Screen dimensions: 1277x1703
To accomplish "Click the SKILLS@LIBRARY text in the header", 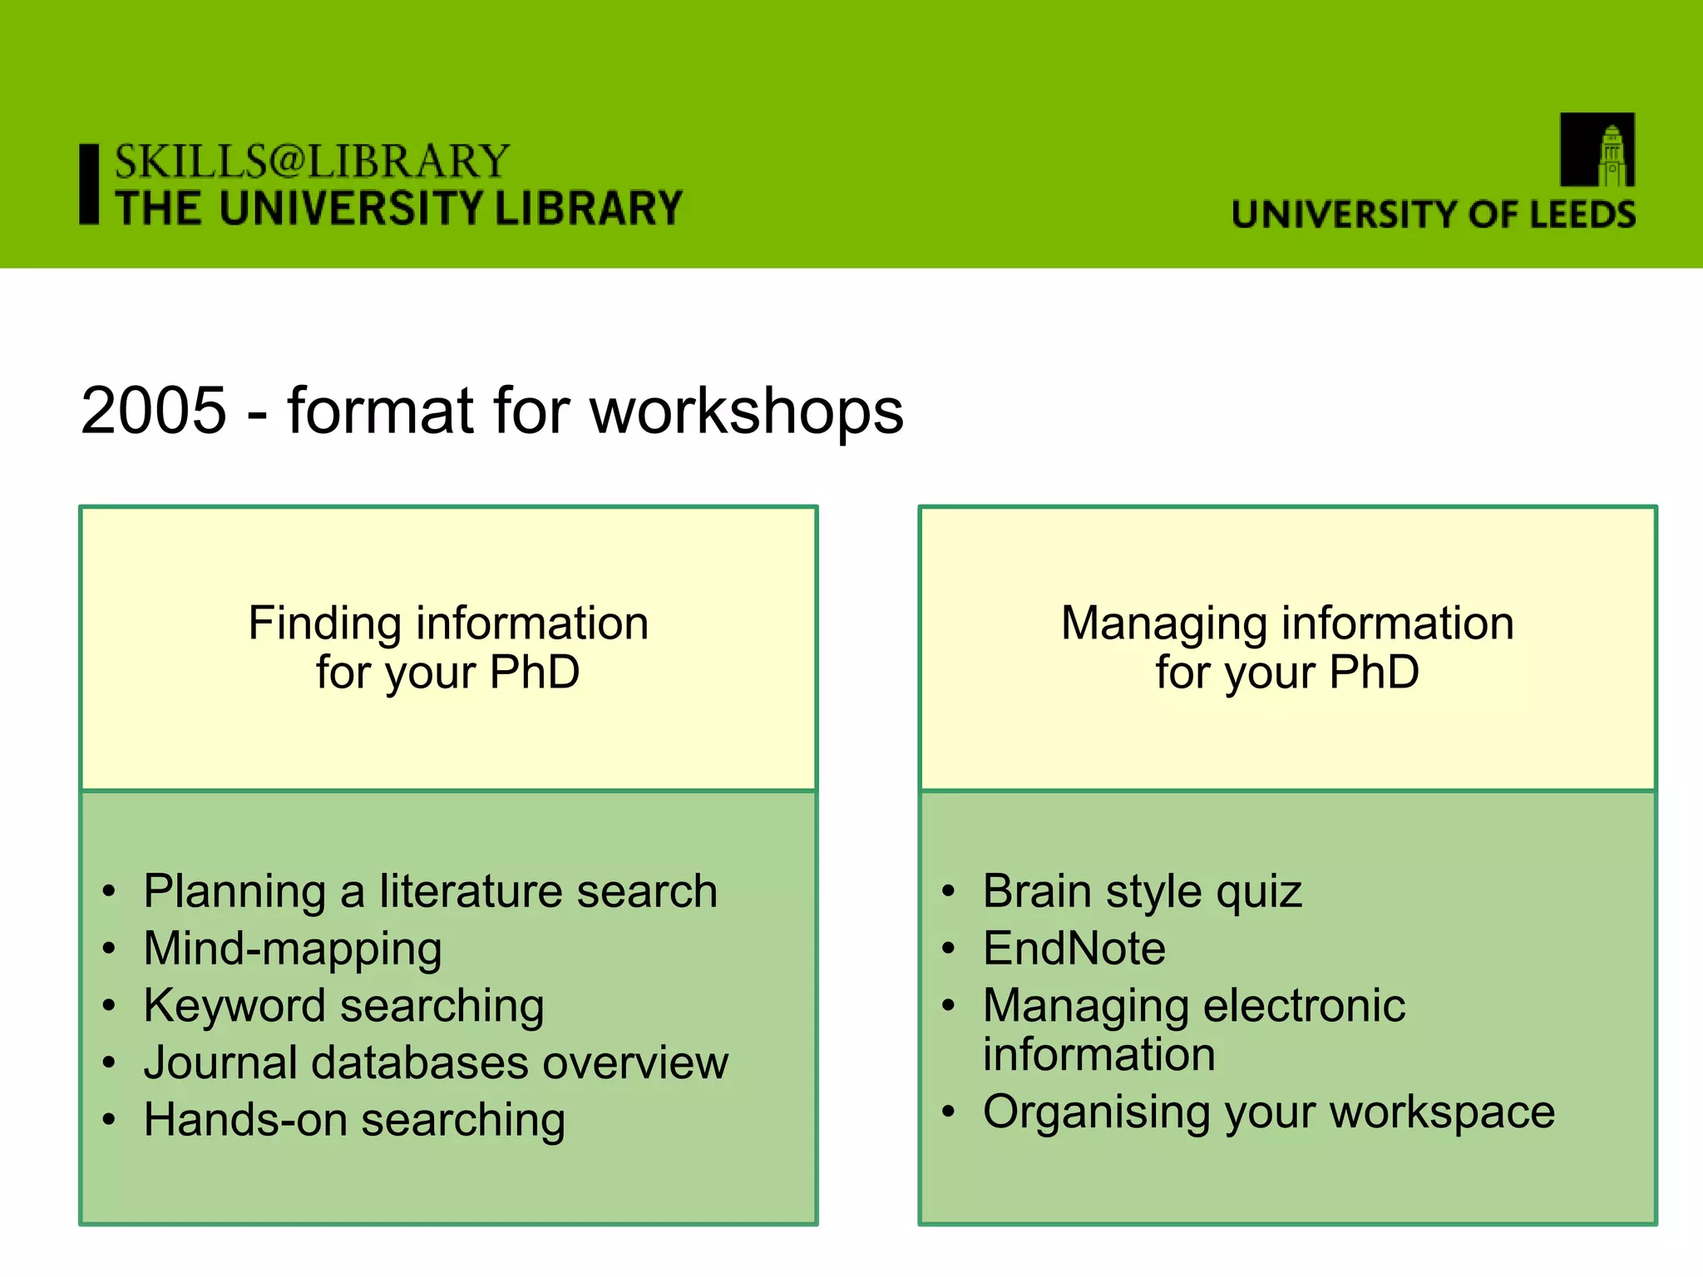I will tap(312, 161).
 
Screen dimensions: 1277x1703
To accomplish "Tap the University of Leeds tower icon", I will tap(1597, 150).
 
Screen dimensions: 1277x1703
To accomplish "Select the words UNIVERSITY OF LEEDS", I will tap(1434, 214).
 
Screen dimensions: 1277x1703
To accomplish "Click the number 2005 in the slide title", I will tap(154, 411).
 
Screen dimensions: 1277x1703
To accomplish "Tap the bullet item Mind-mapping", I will tap(293, 949).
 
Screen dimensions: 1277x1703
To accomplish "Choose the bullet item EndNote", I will tap(1074, 949).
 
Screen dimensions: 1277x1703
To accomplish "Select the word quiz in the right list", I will tap(1258, 891).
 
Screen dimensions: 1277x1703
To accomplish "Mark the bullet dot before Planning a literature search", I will tap(109, 892).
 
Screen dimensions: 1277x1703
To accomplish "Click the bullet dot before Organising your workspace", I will tap(949, 1112).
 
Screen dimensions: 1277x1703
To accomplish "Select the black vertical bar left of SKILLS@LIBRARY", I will tap(89, 184).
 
